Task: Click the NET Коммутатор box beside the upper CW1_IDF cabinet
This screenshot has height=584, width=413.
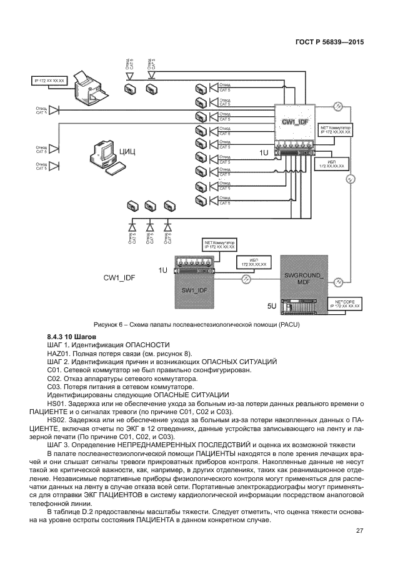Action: [336, 131]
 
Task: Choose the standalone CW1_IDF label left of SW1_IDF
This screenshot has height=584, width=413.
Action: [119, 277]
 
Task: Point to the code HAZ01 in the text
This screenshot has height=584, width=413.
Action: [57, 354]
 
